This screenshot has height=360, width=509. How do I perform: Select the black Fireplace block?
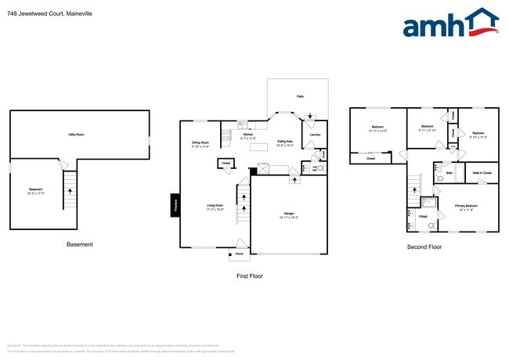click(x=175, y=205)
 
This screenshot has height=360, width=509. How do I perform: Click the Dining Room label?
click(x=200, y=144)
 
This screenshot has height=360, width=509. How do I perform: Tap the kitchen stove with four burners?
click(x=227, y=136)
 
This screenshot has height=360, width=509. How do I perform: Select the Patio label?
click(x=299, y=97)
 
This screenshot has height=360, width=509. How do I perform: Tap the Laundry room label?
click(x=315, y=135)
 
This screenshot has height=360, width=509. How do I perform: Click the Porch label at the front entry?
click(x=239, y=254)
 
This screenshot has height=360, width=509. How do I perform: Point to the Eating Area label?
click(x=284, y=144)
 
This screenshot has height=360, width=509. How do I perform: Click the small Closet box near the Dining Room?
click(x=226, y=164)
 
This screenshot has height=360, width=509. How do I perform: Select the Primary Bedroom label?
click(x=467, y=206)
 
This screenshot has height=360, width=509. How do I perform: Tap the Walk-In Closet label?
click(x=482, y=173)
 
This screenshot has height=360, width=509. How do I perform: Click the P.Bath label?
click(x=423, y=215)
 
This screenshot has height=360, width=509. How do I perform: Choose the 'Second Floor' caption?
click(x=424, y=247)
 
